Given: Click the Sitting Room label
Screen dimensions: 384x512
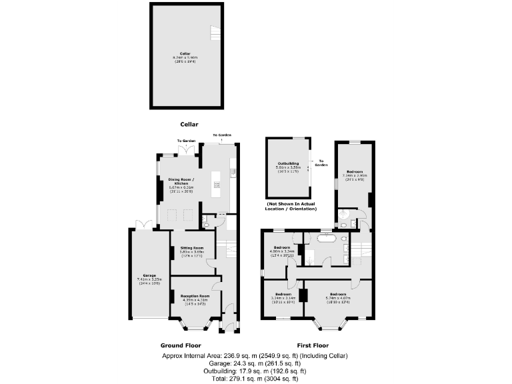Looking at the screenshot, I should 191,251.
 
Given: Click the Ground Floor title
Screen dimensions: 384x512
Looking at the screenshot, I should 181,345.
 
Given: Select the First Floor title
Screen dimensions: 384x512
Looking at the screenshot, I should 312,345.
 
